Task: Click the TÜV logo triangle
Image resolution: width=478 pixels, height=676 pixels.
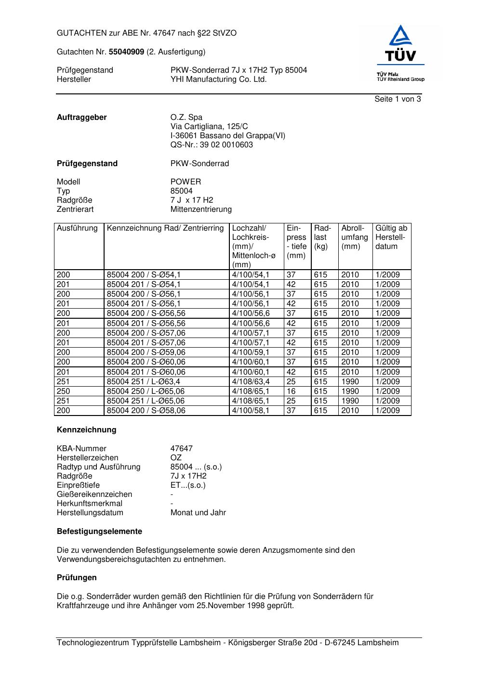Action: [x=400, y=36]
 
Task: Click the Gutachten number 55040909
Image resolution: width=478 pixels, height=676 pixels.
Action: [x=126, y=52]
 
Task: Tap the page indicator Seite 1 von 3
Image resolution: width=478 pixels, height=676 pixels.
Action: [x=398, y=99]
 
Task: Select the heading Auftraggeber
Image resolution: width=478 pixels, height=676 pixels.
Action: [x=82, y=117]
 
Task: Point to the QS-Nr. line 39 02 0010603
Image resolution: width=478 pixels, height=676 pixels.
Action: [x=212, y=144]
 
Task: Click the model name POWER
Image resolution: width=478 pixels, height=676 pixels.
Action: [x=186, y=182]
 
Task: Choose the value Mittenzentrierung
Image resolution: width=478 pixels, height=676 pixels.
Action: [x=201, y=209]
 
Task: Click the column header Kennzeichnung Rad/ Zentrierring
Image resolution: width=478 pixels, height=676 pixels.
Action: [x=165, y=228]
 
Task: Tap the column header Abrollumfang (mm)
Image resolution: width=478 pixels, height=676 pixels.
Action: [x=355, y=237]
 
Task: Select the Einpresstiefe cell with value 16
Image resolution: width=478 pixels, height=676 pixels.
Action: [x=291, y=391]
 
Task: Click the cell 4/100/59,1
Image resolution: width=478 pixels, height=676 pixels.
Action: [x=251, y=352]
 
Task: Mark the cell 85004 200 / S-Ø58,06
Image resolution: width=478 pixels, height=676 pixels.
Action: [x=146, y=410]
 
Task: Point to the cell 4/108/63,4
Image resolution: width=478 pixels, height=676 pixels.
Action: [x=251, y=381]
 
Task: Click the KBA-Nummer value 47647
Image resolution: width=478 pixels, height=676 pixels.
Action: [x=182, y=448]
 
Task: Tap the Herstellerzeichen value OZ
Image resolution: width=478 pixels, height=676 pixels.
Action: [x=176, y=457]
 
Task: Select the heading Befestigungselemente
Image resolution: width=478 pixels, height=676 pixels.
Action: [x=99, y=531]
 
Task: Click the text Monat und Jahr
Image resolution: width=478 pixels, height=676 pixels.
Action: [x=198, y=512]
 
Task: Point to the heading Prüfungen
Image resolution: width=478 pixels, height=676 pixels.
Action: [x=77, y=577]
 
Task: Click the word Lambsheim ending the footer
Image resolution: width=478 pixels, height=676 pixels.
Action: [x=378, y=642]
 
